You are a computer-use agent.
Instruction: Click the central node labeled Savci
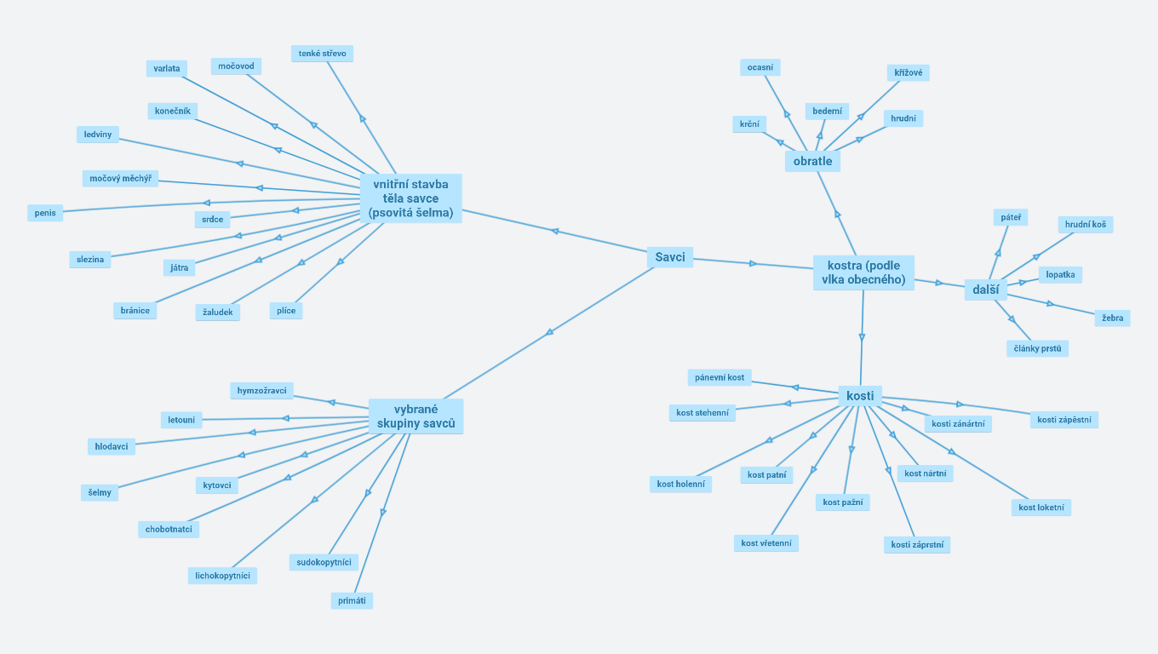click(x=670, y=257)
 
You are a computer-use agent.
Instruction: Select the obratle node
click(x=812, y=161)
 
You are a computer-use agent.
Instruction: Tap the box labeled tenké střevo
click(x=322, y=54)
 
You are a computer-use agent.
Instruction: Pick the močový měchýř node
click(x=120, y=179)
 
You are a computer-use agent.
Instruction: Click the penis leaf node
click(x=45, y=213)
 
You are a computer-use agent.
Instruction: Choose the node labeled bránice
click(x=135, y=311)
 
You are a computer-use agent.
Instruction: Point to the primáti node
click(x=352, y=600)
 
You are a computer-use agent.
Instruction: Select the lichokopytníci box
click(x=222, y=576)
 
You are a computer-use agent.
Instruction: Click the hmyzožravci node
click(x=262, y=391)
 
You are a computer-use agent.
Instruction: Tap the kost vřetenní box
click(x=766, y=543)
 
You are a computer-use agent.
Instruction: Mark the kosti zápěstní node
click(x=1063, y=420)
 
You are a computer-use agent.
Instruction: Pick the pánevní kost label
click(x=719, y=377)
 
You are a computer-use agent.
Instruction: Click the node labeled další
click(x=985, y=290)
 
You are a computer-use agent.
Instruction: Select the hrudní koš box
click(x=1086, y=225)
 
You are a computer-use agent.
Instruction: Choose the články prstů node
click(x=1037, y=348)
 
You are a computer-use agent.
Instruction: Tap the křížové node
click(x=908, y=73)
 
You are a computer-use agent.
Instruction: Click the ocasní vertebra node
click(x=760, y=67)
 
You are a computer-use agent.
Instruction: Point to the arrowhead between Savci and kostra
click(x=753, y=264)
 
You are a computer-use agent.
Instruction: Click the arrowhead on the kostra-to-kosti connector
click(x=862, y=338)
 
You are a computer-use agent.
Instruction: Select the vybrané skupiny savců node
click(x=416, y=416)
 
